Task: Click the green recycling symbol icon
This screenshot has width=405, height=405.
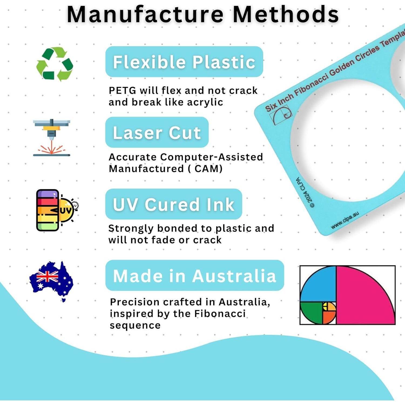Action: click(x=55, y=64)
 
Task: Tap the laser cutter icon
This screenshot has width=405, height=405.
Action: click(x=52, y=137)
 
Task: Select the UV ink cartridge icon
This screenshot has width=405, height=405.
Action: click(x=57, y=210)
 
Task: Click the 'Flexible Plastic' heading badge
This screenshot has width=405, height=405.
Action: click(x=184, y=62)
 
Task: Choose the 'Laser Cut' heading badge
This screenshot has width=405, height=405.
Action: click(x=157, y=132)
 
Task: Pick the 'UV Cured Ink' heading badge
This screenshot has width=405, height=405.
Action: click(x=174, y=204)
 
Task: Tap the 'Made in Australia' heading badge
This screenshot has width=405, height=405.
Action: click(x=195, y=275)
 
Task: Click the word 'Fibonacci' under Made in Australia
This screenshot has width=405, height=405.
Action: click(x=220, y=313)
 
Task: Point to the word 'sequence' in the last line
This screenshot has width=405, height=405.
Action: click(x=135, y=326)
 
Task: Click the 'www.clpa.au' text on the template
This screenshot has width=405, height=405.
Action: click(x=345, y=220)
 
